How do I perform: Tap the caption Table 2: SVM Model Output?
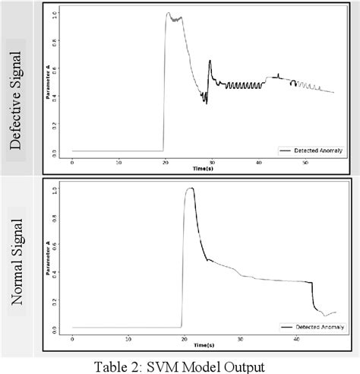click(180, 366)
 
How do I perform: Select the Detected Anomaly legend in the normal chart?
click(314, 326)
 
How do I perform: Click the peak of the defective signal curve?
click(169, 13)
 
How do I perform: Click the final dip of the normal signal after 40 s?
click(323, 314)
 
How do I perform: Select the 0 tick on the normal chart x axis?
click(72, 339)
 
